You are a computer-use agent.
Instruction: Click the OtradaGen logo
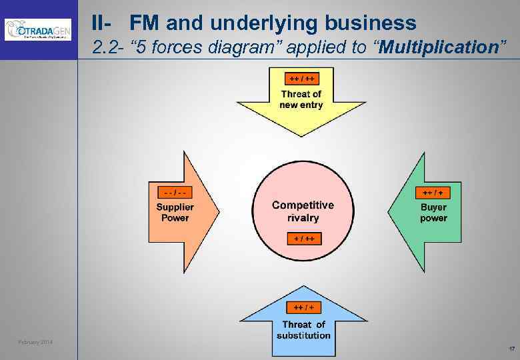click(x=37, y=29)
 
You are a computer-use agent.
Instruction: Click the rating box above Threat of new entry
click(x=301, y=78)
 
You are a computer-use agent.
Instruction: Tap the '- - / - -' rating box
click(x=173, y=193)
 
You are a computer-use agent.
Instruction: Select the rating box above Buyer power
click(x=433, y=193)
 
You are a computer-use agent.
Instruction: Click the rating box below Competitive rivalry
click(x=303, y=238)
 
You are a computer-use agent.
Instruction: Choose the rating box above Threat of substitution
click(x=303, y=307)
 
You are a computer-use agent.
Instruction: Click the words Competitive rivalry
click(x=303, y=211)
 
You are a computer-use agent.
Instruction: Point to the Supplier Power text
click(x=175, y=212)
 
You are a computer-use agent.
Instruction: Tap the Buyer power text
click(x=433, y=212)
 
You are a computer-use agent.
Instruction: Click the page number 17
click(x=511, y=349)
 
